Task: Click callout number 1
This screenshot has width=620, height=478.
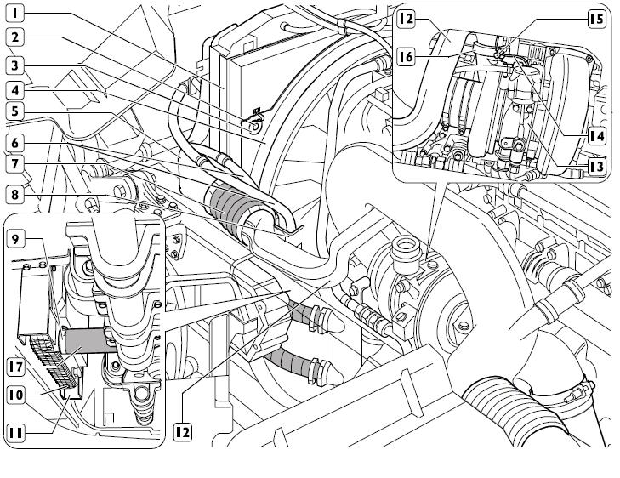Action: click(16, 14)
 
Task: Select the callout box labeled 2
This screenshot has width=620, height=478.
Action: click(16, 38)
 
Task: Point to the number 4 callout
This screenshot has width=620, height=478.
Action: click(16, 88)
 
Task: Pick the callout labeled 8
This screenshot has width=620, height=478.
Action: click(16, 193)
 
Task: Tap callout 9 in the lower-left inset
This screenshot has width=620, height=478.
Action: click(16, 239)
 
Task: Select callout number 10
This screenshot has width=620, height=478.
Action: click(16, 394)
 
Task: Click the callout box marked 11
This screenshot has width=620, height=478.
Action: click(16, 432)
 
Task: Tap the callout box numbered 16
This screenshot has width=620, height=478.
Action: click(407, 57)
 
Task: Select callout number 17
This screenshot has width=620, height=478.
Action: click(16, 368)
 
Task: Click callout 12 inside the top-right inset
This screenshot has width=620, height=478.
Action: click(407, 18)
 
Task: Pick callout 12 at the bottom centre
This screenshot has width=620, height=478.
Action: click(182, 432)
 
